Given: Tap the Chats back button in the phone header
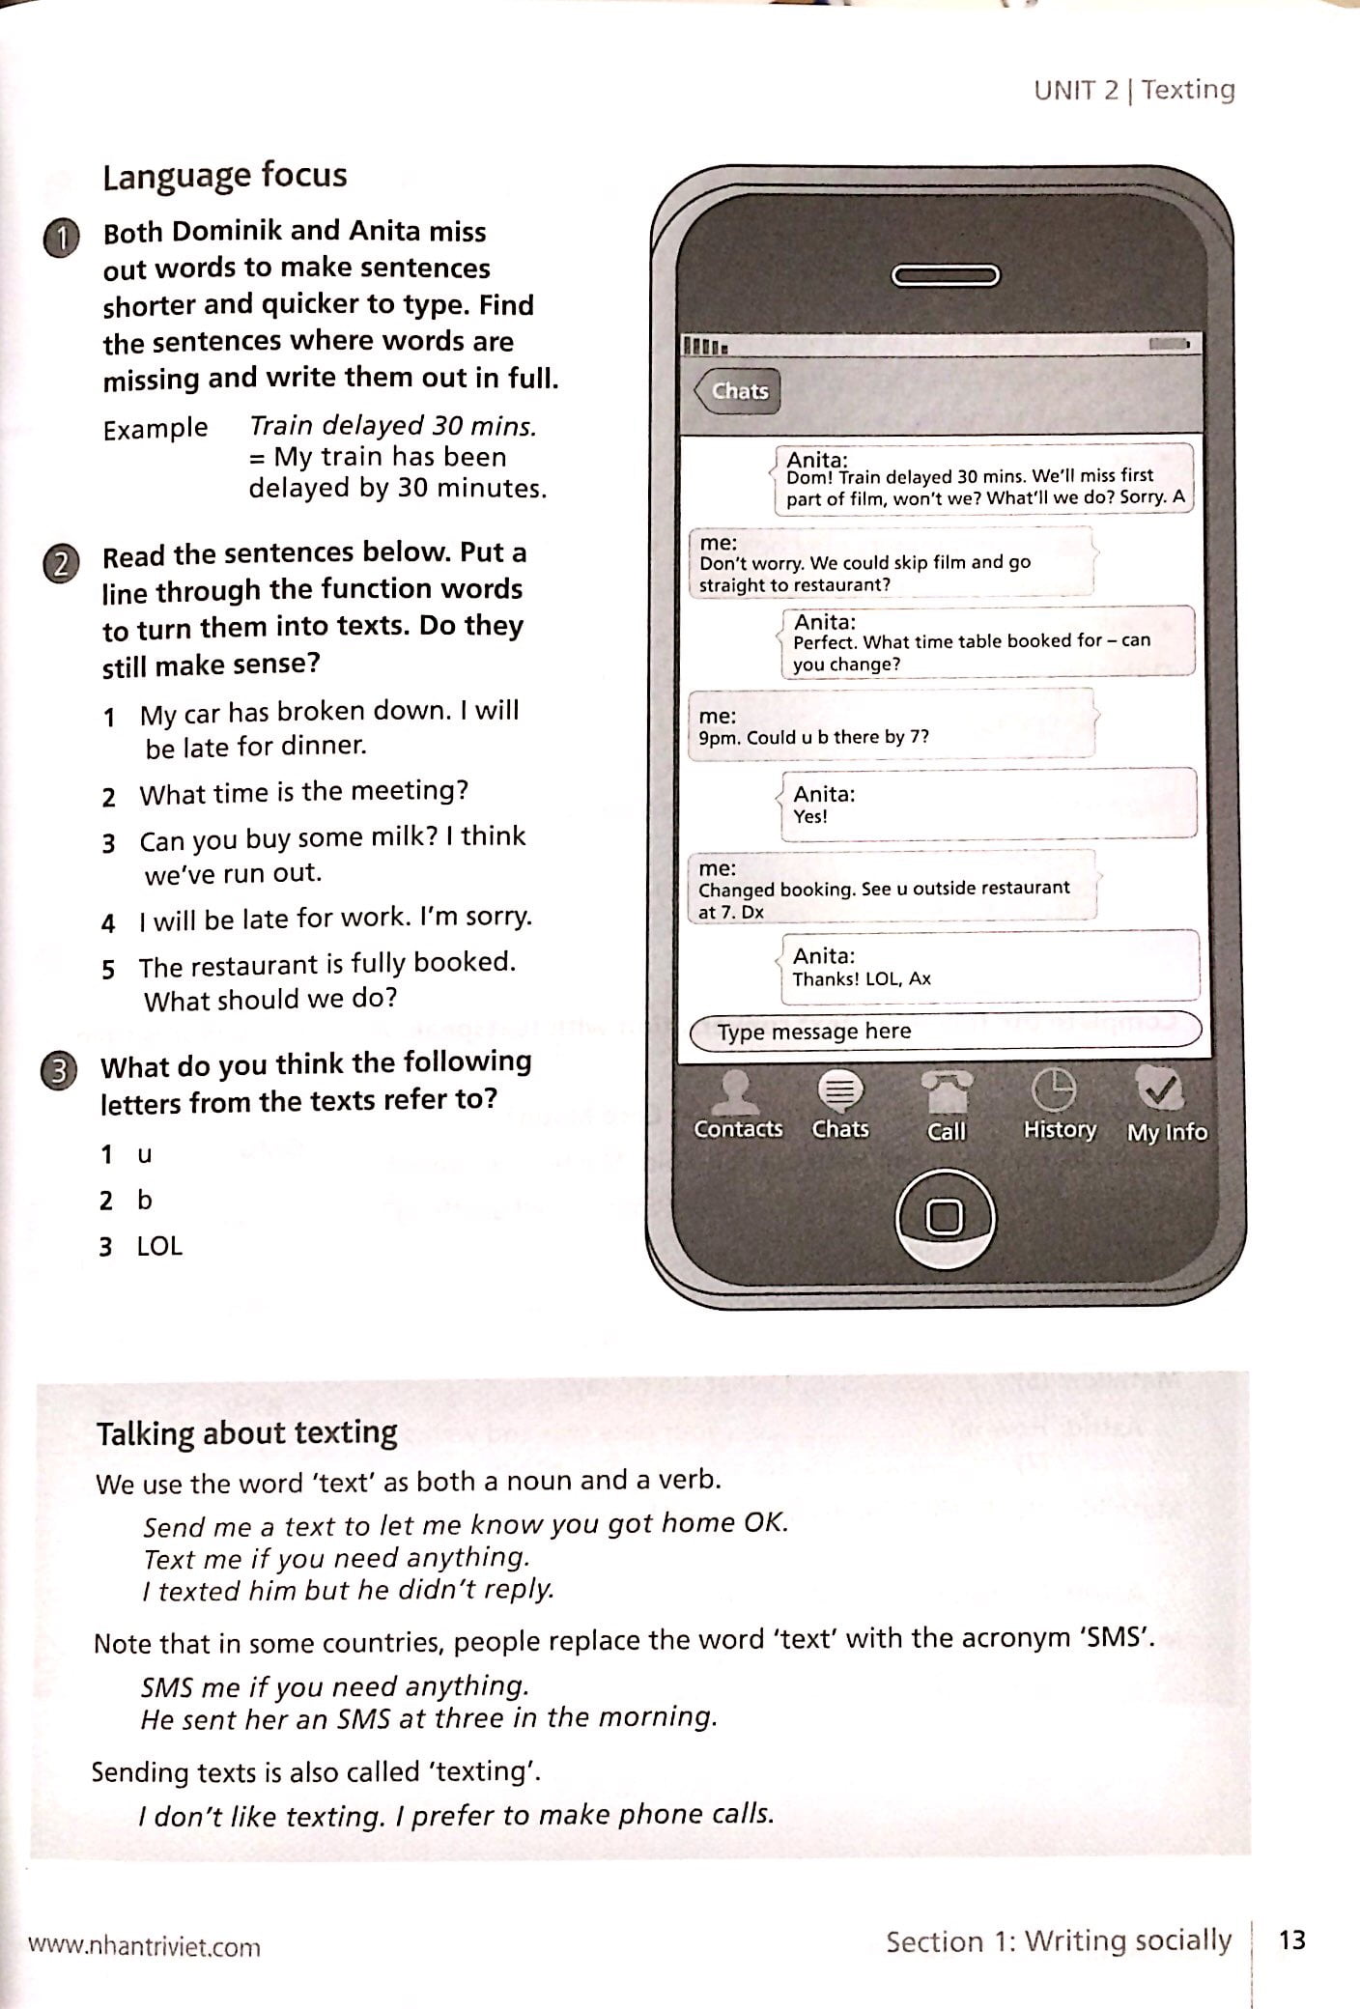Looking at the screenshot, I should (738, 391).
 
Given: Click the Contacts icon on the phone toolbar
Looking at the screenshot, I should (737, 1092).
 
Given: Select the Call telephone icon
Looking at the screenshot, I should (946, 1093).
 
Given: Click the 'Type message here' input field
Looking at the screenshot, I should (945, 1031).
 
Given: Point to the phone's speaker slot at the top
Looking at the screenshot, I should (945, 276).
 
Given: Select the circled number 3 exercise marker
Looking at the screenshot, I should (59, 1072).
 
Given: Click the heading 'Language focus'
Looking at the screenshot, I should (224, 176).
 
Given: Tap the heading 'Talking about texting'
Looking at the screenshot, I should (246, 1432).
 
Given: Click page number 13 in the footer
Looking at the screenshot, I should (1291, 1938).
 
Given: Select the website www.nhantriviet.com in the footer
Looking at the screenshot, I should (145, 1946).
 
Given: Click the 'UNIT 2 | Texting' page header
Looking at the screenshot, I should (1134, 90).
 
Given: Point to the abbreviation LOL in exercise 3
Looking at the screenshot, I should (159, 1246).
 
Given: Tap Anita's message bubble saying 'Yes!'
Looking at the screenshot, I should (987, 805).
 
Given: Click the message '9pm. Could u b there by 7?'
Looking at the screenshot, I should (813, 737).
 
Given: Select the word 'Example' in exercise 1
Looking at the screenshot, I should (155, 428).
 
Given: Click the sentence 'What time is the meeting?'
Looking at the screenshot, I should (303, 792).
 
